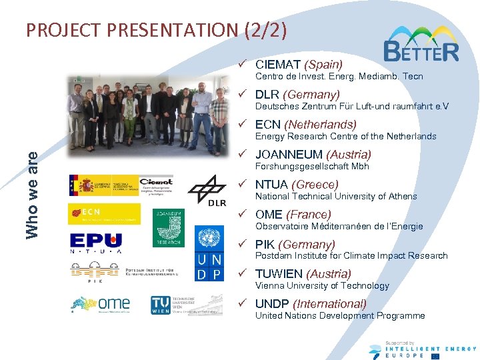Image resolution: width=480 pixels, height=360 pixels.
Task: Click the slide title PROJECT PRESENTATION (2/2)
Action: tap(157, 30)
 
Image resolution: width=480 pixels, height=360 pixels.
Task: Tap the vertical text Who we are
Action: tap(32, 194)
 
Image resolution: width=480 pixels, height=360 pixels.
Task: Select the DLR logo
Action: tap(207, 191)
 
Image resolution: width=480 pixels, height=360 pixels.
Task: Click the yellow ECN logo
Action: tap(104, 213)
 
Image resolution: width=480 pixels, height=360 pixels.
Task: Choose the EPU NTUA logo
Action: tap(96, 244)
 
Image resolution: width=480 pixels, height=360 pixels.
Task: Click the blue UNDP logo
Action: tap(209, 254)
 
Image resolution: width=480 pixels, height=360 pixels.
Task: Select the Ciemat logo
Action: tap(155, 185)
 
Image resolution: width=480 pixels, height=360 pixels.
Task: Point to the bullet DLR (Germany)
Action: tap(297, 95)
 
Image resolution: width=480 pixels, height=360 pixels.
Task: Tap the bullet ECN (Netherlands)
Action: tap(305, 125)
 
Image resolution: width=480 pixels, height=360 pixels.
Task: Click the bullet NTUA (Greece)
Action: tap(297, 185)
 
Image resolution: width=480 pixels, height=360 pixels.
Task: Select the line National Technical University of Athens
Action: tap(336, 196)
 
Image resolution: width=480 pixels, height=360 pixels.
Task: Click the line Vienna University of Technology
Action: tap(322, 285)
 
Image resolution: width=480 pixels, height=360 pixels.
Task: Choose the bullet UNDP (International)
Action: tap(311, 304)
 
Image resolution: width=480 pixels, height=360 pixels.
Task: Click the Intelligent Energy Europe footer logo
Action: tap(423, 349)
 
